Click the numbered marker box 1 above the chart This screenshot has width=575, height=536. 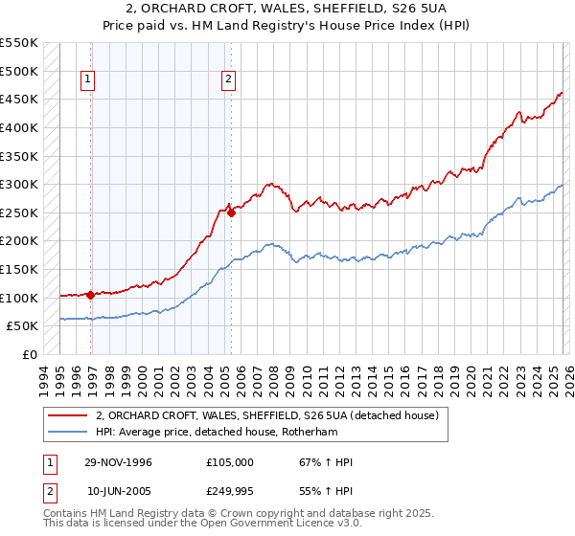pos(88,80)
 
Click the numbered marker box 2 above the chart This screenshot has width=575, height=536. pos(230,80)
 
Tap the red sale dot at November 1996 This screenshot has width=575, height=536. pos(90,295)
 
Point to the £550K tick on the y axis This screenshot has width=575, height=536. pos(19,43)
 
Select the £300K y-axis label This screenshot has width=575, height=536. pos(19,184)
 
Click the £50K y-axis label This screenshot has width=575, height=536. pos(23,326)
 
